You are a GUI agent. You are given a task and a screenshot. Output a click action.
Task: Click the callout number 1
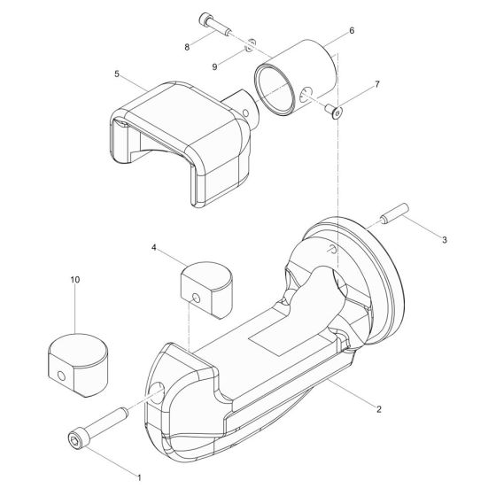click(138, 477)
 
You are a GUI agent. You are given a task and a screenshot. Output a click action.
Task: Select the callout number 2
click(378, 409)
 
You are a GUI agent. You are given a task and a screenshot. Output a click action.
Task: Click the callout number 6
click(352, 30)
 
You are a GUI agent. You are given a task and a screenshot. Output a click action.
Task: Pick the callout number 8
click(187, 46)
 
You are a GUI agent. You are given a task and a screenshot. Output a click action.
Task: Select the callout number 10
click(74, 279)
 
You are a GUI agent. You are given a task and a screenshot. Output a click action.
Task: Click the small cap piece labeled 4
click(206, 285)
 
